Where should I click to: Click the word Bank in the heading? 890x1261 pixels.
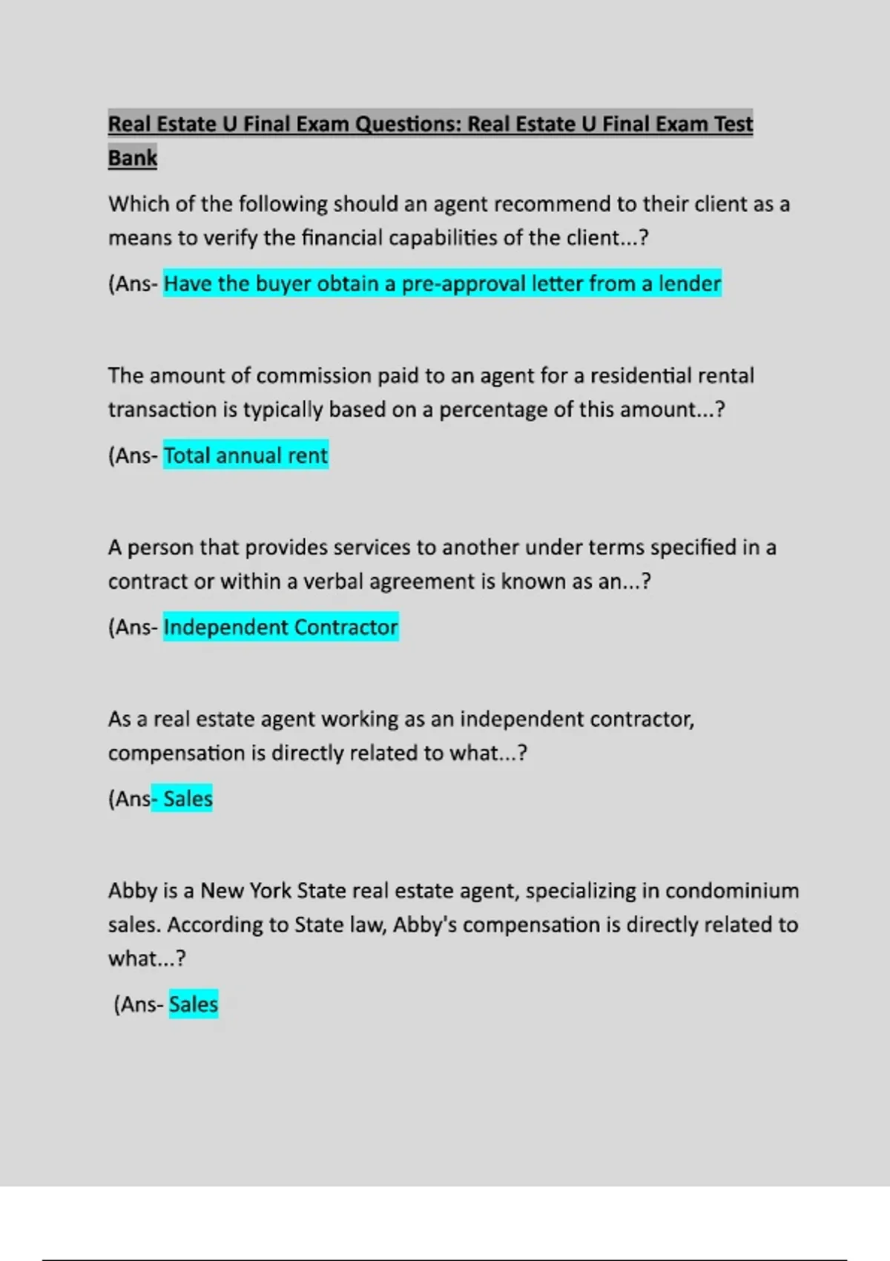point(133,158)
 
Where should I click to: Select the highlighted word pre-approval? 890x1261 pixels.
point(464,284)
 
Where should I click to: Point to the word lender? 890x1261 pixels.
point(690,284)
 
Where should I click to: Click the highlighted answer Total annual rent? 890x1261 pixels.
point(245,455)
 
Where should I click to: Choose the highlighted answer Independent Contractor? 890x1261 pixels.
point(280,628)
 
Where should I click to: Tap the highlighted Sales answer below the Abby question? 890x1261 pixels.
point(194,1004)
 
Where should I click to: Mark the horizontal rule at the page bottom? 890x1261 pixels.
point(445,1260)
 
